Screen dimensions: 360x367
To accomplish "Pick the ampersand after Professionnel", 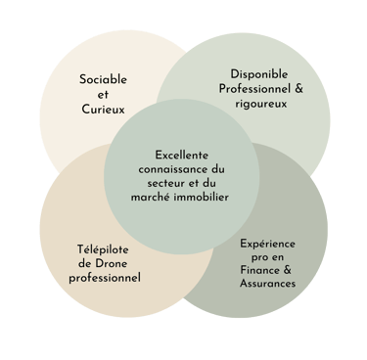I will pyautogui.click(x=298, y=90).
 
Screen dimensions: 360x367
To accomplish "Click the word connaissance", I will pyautogui.click(x=171, y=170).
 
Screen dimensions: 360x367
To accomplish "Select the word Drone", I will pyautogui.click(x=115, y=262).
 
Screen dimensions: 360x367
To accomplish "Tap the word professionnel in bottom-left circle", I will pyautogui.click(x=106, y=278).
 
